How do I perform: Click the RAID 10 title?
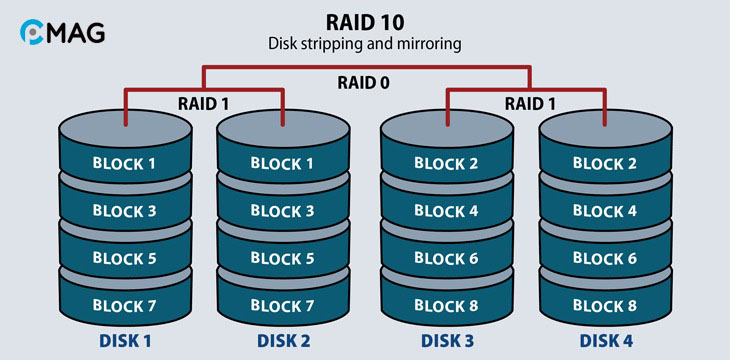point(364,22)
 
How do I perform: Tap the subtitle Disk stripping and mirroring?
point(364,44)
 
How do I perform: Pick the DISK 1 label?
point(124,340)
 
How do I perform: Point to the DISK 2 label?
point(283,340)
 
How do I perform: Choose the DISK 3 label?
point(447,340)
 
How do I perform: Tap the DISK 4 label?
point(606,340)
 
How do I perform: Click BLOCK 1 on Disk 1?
point(124,163)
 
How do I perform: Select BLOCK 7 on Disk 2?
point(283,304)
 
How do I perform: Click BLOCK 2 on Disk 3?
point(447,163)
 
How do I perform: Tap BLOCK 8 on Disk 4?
point(606,304)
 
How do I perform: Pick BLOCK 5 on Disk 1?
point(124,257)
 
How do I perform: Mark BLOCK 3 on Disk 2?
point(283,210)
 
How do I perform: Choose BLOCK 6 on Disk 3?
point(447,257)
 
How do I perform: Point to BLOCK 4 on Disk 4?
point(606,210)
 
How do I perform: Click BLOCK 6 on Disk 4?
point(606,257)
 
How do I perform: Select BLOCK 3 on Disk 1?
point(124,210)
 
